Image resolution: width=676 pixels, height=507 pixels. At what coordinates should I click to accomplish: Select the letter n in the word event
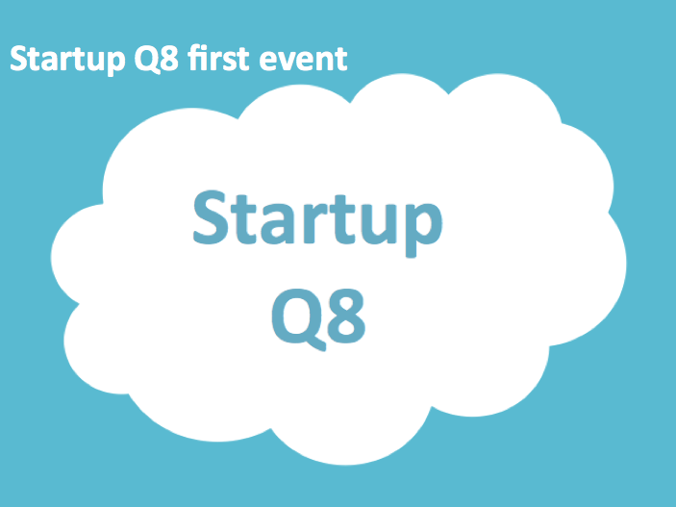pyautogui.click(x=326, y=63)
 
